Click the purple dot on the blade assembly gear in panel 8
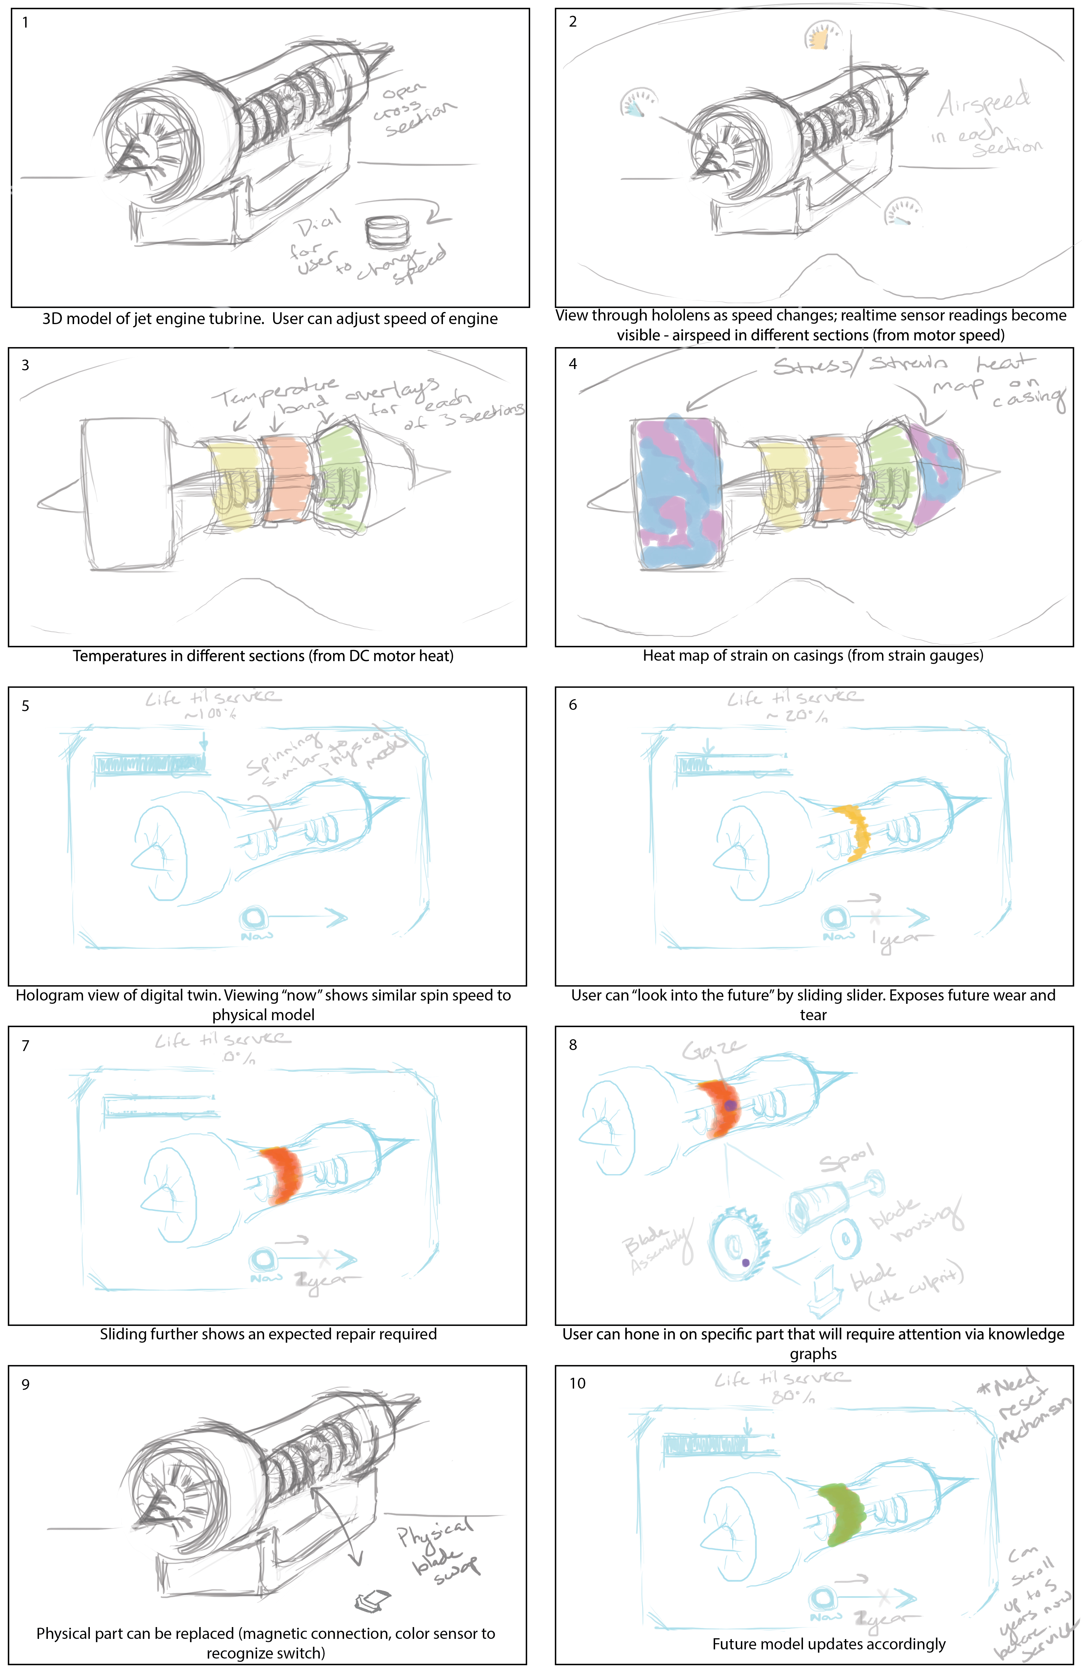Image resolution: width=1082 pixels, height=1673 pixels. [746, 1263]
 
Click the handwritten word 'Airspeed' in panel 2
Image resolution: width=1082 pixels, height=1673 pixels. [984, 102]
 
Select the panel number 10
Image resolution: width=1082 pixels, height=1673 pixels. [577, 1383]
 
